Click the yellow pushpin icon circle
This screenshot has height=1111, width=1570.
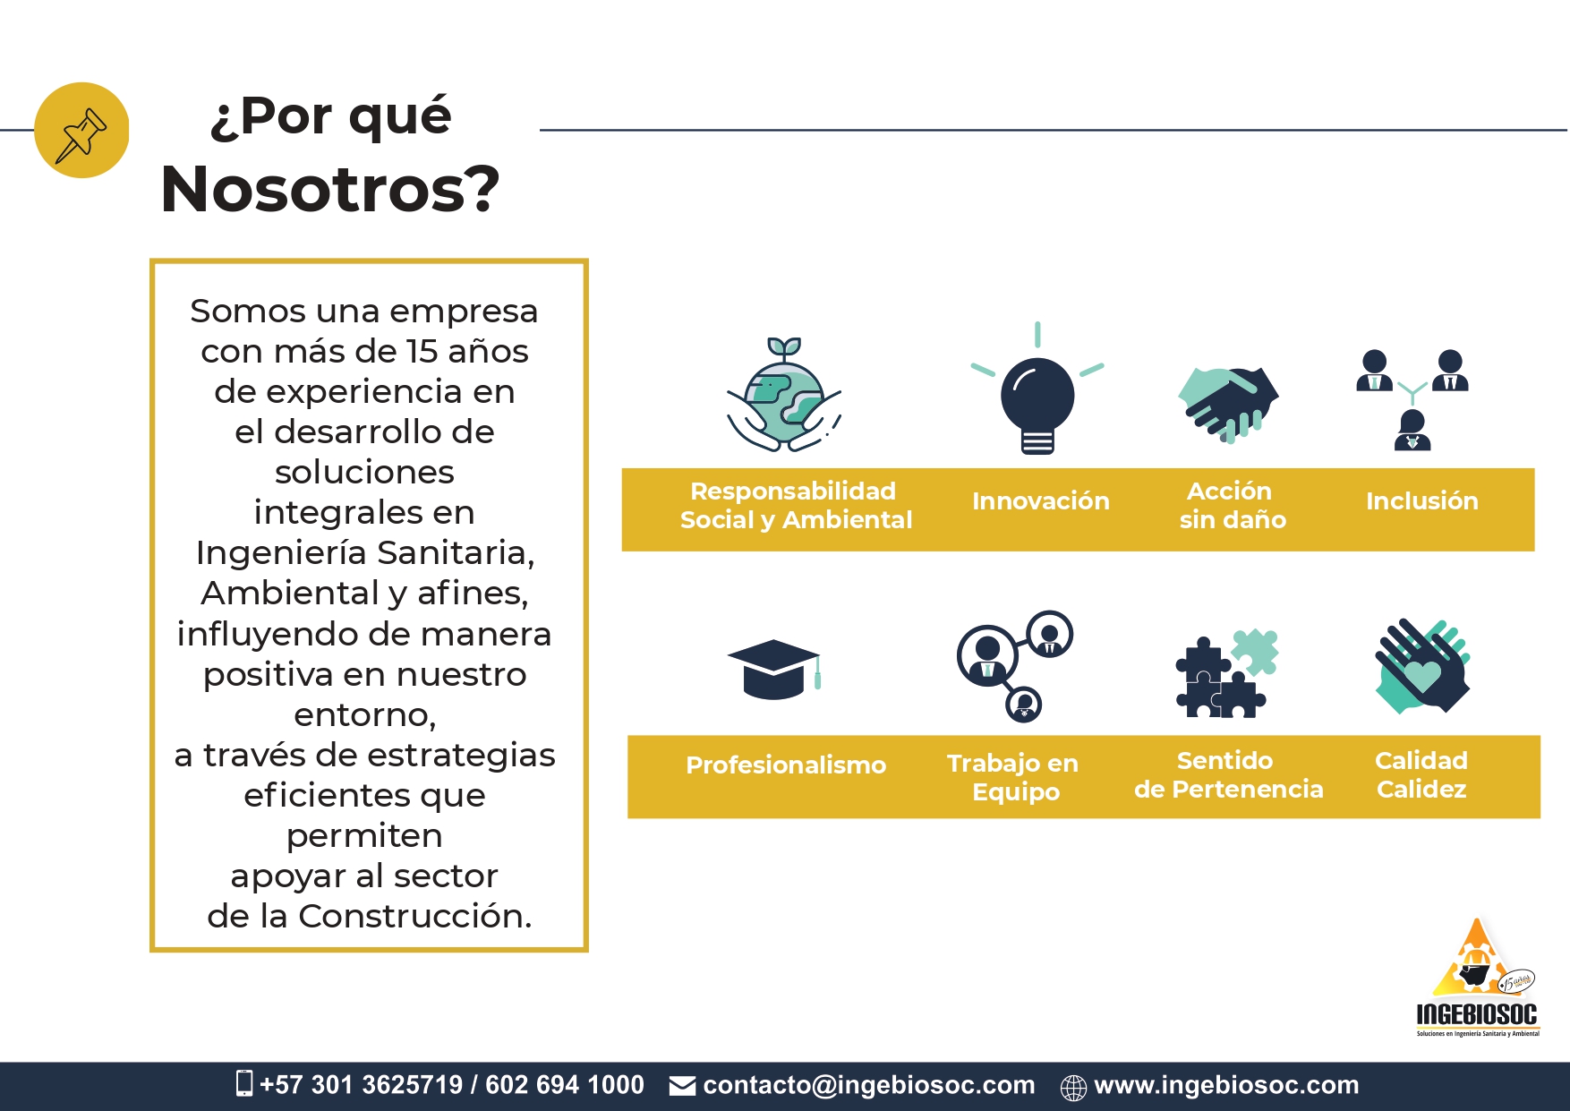pos(81,131)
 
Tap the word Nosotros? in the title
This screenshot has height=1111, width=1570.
pos(330,189)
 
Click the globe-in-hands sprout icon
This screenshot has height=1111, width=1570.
pos(784,395)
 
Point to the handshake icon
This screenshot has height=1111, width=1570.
pos(1228,404)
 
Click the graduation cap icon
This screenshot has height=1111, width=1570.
pos(774,669)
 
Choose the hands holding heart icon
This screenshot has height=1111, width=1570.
pos(1422,666)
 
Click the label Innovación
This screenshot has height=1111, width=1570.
pos(1041,501)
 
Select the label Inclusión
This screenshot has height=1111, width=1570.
pos(1422,501)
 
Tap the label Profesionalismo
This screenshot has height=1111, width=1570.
pos(786,765)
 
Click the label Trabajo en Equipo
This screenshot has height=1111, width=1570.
pos(1013,777)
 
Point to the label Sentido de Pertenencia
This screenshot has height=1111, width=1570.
pos(1228,774)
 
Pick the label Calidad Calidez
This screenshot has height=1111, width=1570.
pos(1421,774)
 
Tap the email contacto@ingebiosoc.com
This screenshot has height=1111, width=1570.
pos(869,1085)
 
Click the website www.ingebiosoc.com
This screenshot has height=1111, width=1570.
pos(1226,1085)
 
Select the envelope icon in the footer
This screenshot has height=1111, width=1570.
pos(682,1086)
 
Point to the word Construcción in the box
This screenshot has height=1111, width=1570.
pos(415,917)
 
